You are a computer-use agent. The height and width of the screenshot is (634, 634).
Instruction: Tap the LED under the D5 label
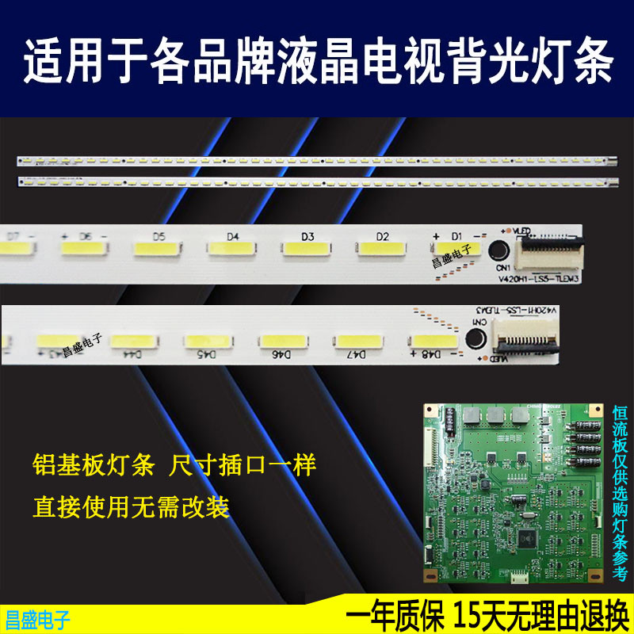point(158,250)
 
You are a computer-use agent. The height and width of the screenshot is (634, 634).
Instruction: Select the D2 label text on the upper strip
point(383,236)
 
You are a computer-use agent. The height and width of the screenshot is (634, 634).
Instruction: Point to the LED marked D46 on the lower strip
point(282,340)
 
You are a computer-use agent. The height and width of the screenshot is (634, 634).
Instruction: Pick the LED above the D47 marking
point(357,340)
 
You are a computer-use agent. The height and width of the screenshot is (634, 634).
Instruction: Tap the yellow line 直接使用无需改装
point(131,506)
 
